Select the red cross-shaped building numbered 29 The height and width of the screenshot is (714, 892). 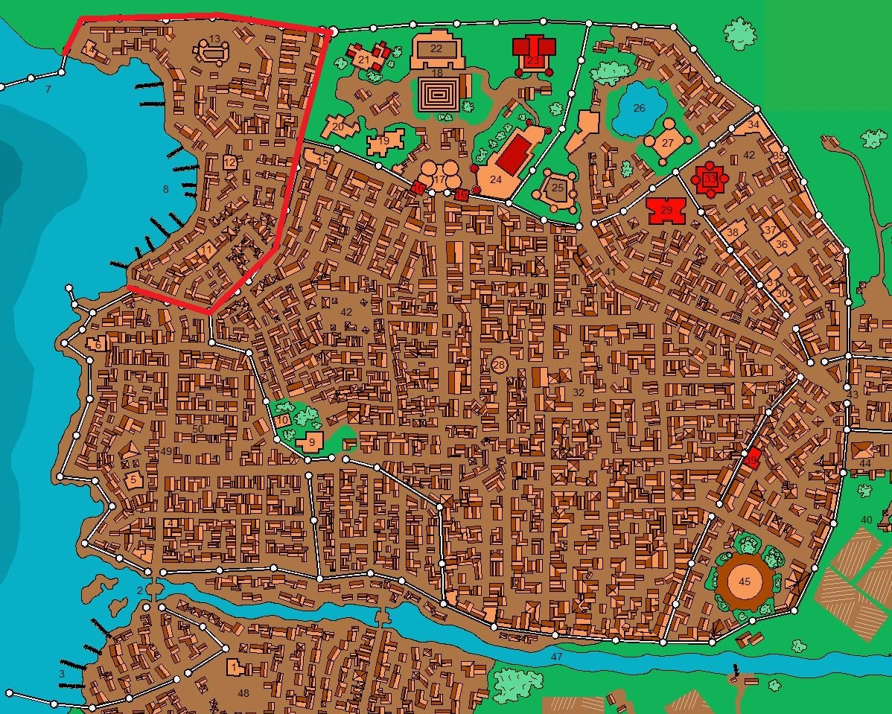666,211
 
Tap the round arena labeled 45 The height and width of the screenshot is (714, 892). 742,581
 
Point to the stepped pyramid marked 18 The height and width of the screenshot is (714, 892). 436,96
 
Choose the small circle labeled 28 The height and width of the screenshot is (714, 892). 499,365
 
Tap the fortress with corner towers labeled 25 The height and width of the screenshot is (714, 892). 557,187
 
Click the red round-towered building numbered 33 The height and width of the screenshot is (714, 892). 710,179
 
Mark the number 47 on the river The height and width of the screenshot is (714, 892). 556,657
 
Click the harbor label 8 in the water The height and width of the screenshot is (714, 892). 165,190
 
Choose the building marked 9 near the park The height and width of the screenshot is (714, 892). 311,441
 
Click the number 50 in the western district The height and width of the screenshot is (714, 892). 197,429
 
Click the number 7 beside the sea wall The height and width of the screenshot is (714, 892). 48,89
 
